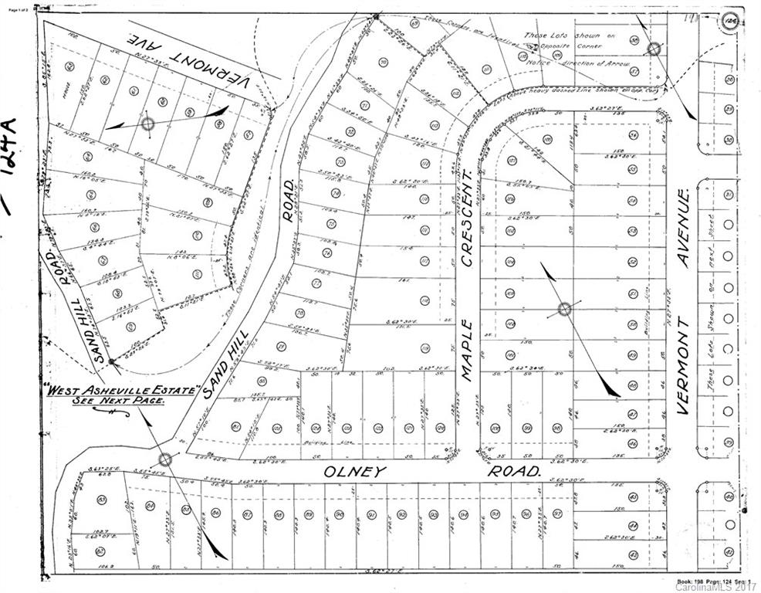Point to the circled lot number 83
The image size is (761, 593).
pos(102,500)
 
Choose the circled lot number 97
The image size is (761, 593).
pos(556,513)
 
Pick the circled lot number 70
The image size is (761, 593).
pos(384,62)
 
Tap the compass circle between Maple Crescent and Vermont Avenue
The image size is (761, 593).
pos(564,310)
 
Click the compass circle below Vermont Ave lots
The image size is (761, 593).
pos(148,124)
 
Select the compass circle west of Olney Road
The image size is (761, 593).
pos(165,459)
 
